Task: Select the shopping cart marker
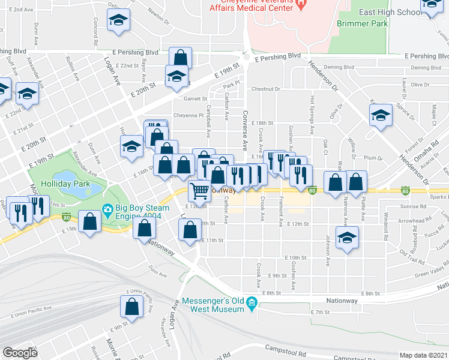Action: [200, 191]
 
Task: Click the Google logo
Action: [20, 352]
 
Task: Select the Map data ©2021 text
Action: [424, 355]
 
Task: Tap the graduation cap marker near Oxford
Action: [118, 20]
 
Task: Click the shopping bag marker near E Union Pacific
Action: [131, 307]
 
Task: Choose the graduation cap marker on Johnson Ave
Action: [346, 238]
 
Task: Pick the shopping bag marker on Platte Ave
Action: [357, 182]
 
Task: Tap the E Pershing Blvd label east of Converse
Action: [277, 56]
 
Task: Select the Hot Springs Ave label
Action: [312, 114]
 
